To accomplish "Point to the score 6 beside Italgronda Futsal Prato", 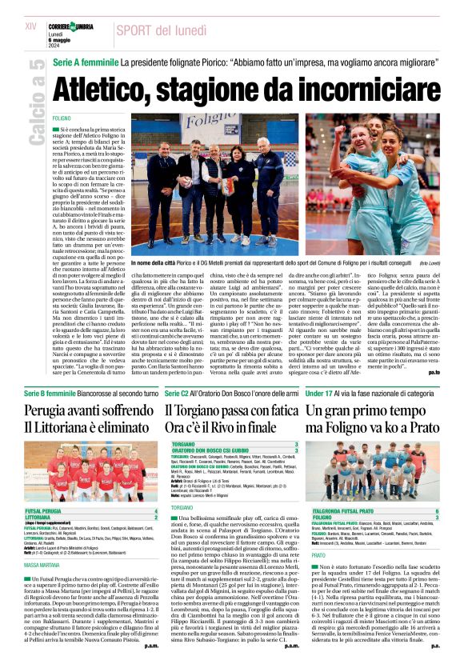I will point(436,510).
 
